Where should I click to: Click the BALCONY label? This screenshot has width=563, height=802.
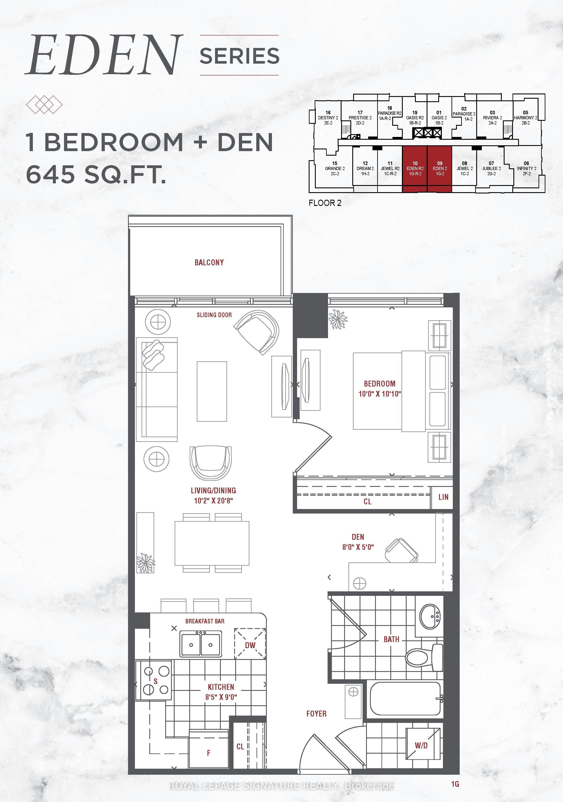click(209, 262)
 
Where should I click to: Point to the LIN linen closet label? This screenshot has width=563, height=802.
click(443, 497)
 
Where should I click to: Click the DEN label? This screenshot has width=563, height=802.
click(358, 537)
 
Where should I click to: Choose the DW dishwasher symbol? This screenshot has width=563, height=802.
click(250, 645)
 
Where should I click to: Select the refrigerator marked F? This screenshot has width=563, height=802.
click(209, 749)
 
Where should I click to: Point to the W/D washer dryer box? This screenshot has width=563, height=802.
click(422, 745)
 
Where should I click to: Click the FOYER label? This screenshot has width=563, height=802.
click(316, 714)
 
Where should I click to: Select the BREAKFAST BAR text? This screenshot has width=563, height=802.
click(205, 621)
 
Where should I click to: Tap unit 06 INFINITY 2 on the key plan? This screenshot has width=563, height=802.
click(526, 168)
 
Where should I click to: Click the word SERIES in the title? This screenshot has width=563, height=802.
click(240, 56)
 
